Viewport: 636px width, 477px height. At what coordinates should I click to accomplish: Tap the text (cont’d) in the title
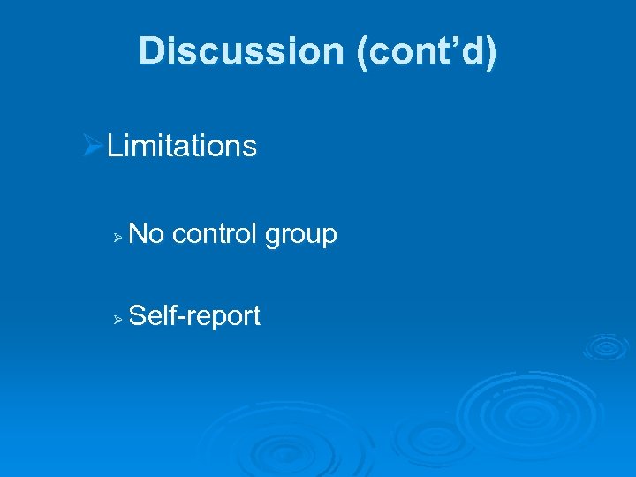point(426,51)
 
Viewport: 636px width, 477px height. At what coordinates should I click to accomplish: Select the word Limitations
point(182,146)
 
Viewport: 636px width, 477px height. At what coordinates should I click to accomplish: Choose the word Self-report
point(194,315)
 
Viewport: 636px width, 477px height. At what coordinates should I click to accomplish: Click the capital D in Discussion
point(151,51)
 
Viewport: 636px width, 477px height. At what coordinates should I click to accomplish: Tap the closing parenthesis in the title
point(491,52)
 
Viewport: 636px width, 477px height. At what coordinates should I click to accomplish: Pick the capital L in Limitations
point(114,146)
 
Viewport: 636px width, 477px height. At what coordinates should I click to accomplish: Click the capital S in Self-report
point(138,315)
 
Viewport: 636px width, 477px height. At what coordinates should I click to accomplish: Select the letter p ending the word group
point(329,238)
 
